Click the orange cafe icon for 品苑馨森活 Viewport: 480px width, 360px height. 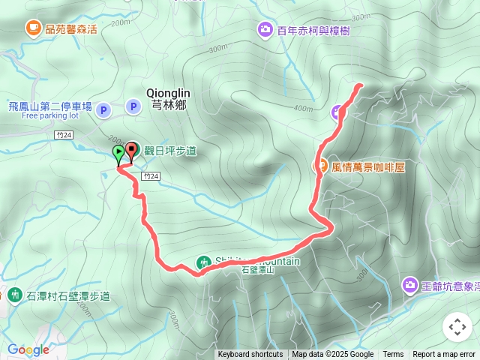[x=33, y=28]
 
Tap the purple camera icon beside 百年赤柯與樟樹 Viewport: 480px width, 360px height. [x=265, y=30]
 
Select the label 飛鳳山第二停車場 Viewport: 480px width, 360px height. [x=50, y=106]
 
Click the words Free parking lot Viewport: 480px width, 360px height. [x=50, y=116]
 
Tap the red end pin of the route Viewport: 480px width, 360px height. [x=131, y=151]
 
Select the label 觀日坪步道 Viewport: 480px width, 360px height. [x=172, y=151]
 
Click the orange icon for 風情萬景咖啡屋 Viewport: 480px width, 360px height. [x=320, y=166]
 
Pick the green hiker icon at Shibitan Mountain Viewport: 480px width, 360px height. [x=203, y=262]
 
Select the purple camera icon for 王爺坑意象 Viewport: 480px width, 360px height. [x=409, y=285]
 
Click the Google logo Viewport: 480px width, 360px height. [x=28, y=349]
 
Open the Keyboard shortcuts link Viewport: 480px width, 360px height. [x=250, y=355]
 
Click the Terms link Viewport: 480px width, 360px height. [x=393, y=355]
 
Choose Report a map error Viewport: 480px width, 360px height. [x=445, y=355]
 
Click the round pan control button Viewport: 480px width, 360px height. [x=457, y=327]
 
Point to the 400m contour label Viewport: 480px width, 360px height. [x=303, y=108]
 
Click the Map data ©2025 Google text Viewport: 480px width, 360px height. [x=333, y=355]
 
